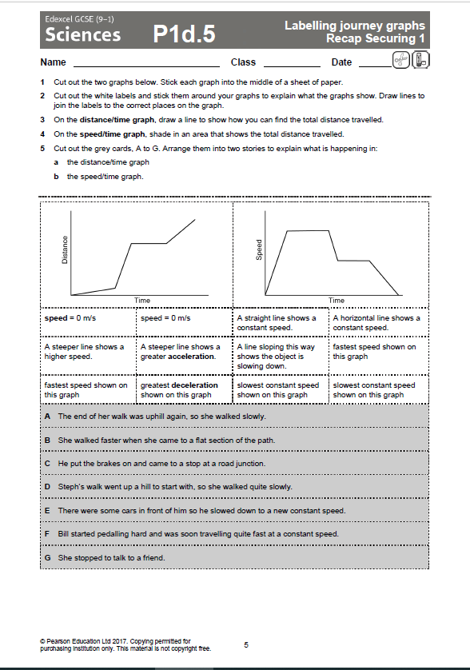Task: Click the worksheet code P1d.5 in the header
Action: pos(184,34)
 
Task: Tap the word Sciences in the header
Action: pos(83,34)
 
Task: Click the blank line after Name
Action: pos(145,63)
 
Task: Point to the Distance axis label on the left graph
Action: pos(65,253)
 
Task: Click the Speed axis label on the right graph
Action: pos(259,250)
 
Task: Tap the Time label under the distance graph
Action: pos(141,301)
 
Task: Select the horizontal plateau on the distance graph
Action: pos(149,243)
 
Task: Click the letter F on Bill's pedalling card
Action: pos(48,533)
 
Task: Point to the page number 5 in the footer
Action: pos(246,644)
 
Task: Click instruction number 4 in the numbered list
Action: pos(42,134)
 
